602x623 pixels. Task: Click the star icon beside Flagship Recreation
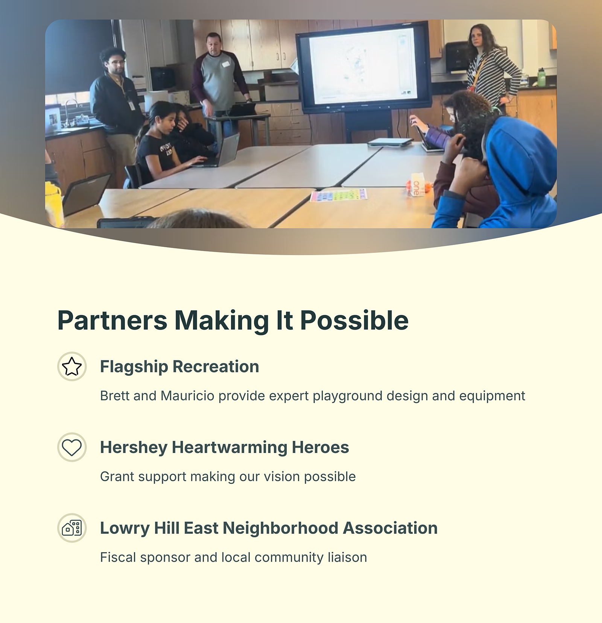[72, 366]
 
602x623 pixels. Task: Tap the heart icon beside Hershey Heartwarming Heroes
[72, 447]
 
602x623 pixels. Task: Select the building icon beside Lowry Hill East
[72, 528]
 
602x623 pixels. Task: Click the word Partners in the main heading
[112, 321]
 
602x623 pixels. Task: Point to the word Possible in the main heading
[354, 321]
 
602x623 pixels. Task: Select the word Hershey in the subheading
[134, 448]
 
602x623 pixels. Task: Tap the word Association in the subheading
[390, 528]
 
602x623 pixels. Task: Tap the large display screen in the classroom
[363, 67]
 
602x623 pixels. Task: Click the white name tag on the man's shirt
[226, 64]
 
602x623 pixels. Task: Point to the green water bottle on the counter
[541, 77]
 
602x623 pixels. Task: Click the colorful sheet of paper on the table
[338, 195]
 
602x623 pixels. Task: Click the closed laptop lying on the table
[390, 142]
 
